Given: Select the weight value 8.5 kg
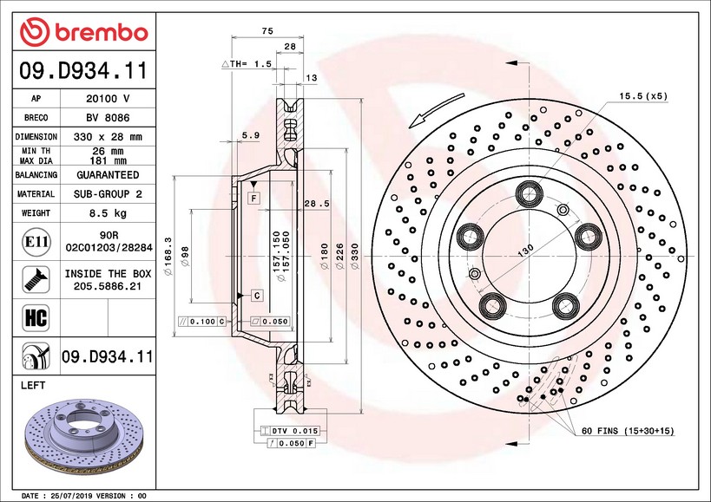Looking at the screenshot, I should pyautogui.click(x=108, y=212).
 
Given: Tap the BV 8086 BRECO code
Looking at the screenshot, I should pyautogui.click(x=108, y=118).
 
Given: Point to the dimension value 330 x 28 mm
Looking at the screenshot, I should pyautogui.click(x=108, y=137).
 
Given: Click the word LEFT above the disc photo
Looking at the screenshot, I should pyautogui.click(x=31, y=385).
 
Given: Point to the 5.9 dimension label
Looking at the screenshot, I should pyautogui.click(x=250, y=134).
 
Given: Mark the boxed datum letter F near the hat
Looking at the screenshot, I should pyautogui.click(x=254, y=199).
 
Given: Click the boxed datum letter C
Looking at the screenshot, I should pyautogui.click(x=257, y=296).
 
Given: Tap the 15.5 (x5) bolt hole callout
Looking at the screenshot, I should pyautogui.click(x=642, y=95).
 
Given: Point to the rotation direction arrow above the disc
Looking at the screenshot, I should pyautogui.click(x=431, y=117).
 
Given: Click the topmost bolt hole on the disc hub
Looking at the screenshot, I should pyautogui.click(x=529, y=192).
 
